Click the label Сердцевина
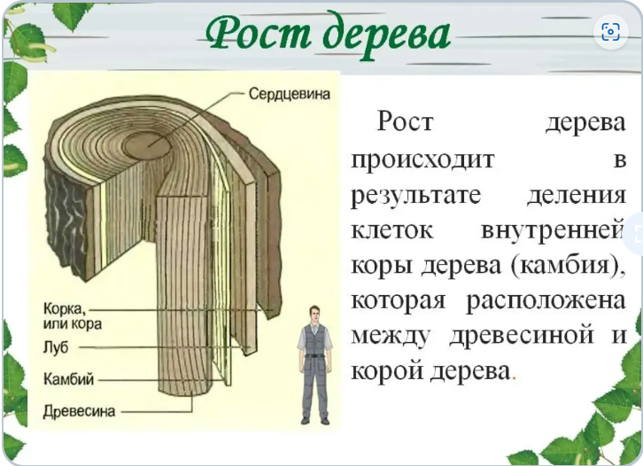click(x=289, y=94)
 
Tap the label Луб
click(x=56, y=347)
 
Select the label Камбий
click(x=68, y=378)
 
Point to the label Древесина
click(x=79, y=410)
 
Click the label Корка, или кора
click(x=72, y=316)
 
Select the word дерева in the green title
click(x=386, y=35)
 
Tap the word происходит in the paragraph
click(x=422, y=159)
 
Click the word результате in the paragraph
click(x=415, y=196)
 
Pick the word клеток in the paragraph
click(x=392, y=230)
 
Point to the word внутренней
click(x=553, y=230)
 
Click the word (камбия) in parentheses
click(x=569, y=266)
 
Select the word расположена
click(x=546, y=300)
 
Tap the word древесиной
click(x=522, y=336)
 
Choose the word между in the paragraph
click(x=391, y=336)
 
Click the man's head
click(x=314, y=315)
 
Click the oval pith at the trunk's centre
click(x=147, y=145)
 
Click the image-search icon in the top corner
click(x=610, y=32)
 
